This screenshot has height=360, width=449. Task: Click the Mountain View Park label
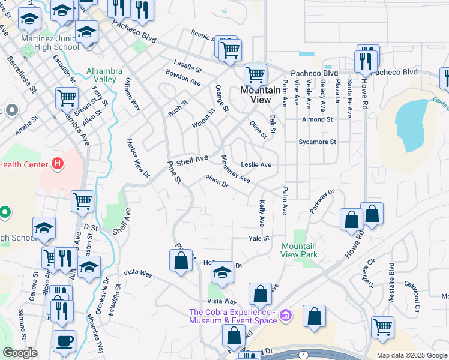pos(299,250)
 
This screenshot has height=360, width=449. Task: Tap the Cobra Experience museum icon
pos(286,315)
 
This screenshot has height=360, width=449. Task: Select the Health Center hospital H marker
pos(58,163)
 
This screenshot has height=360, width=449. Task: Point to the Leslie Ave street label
pos(256,164)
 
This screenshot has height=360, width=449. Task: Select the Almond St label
pos(318,119)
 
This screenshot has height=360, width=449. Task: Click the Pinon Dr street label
pos(217,181)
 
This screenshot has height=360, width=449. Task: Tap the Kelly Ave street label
pos(261,214)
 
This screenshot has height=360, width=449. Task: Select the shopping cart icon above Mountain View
pos(256,75)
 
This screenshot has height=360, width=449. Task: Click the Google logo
pos(20,353)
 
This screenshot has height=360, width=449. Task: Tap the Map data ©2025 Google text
pos(411,355)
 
